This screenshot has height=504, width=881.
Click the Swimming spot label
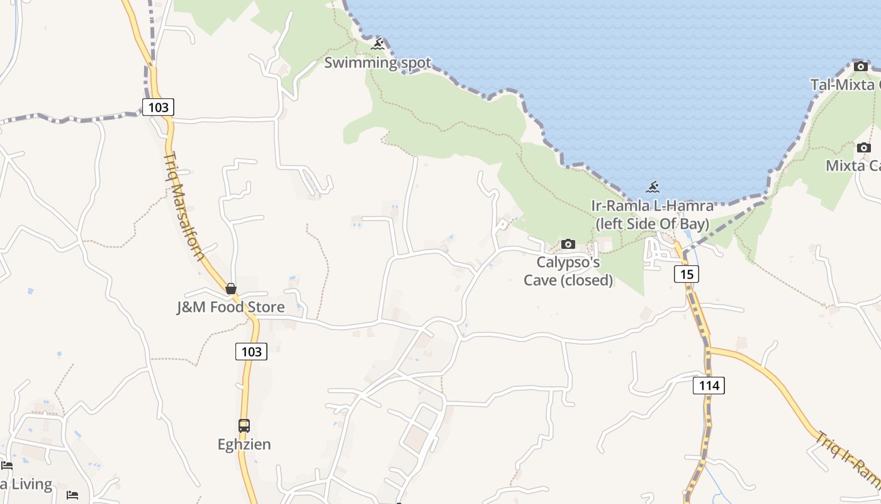click(378, 63)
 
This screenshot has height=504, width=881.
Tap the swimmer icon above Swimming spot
click(378, 45)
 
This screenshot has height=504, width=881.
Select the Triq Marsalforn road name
click(184, 205)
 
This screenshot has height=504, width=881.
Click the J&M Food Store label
click(230, 307)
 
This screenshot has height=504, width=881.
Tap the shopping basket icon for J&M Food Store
click(231, 289)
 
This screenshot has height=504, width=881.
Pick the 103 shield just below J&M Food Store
click(251, 352)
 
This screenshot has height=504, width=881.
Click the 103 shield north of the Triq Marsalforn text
click(158, 107)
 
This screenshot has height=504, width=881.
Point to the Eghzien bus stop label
click(244, 445)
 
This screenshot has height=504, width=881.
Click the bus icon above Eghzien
click(244, 426)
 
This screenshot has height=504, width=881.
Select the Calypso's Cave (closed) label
click(568, 271)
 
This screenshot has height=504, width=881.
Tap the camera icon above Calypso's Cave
click(568, 244)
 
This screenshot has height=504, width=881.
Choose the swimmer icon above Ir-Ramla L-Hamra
click(653, 187)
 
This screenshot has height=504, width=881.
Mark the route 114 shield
click(709, 385)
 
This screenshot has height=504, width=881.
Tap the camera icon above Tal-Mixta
click(861, 66)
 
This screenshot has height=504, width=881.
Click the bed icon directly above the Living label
click(7, 466)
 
